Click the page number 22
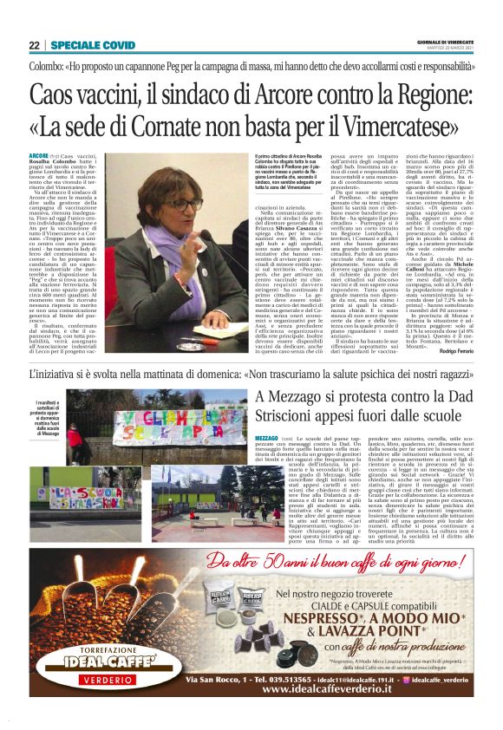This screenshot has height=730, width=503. pyautogui.click(x=34, y=44)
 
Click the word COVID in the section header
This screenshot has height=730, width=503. pyautogui.click(x=117, y=44)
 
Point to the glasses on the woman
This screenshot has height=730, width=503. pyautogui.click(x=183, y=206)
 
